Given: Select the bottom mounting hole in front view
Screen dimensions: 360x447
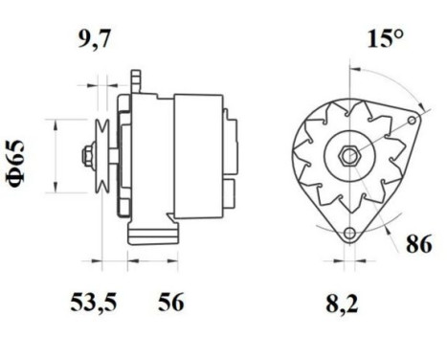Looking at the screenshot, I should coord(349,232).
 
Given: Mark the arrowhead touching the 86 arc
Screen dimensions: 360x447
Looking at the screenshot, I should coord(393,222).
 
